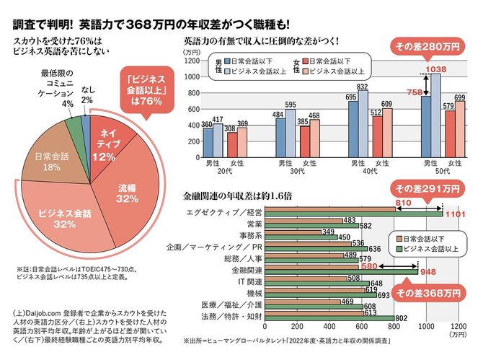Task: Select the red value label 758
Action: pyautogui.click(x=415, y=92)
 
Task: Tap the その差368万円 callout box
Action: pyautogui.click(x=431, y=294)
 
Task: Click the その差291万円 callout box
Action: pyautogui.click(x=425, y=189)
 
